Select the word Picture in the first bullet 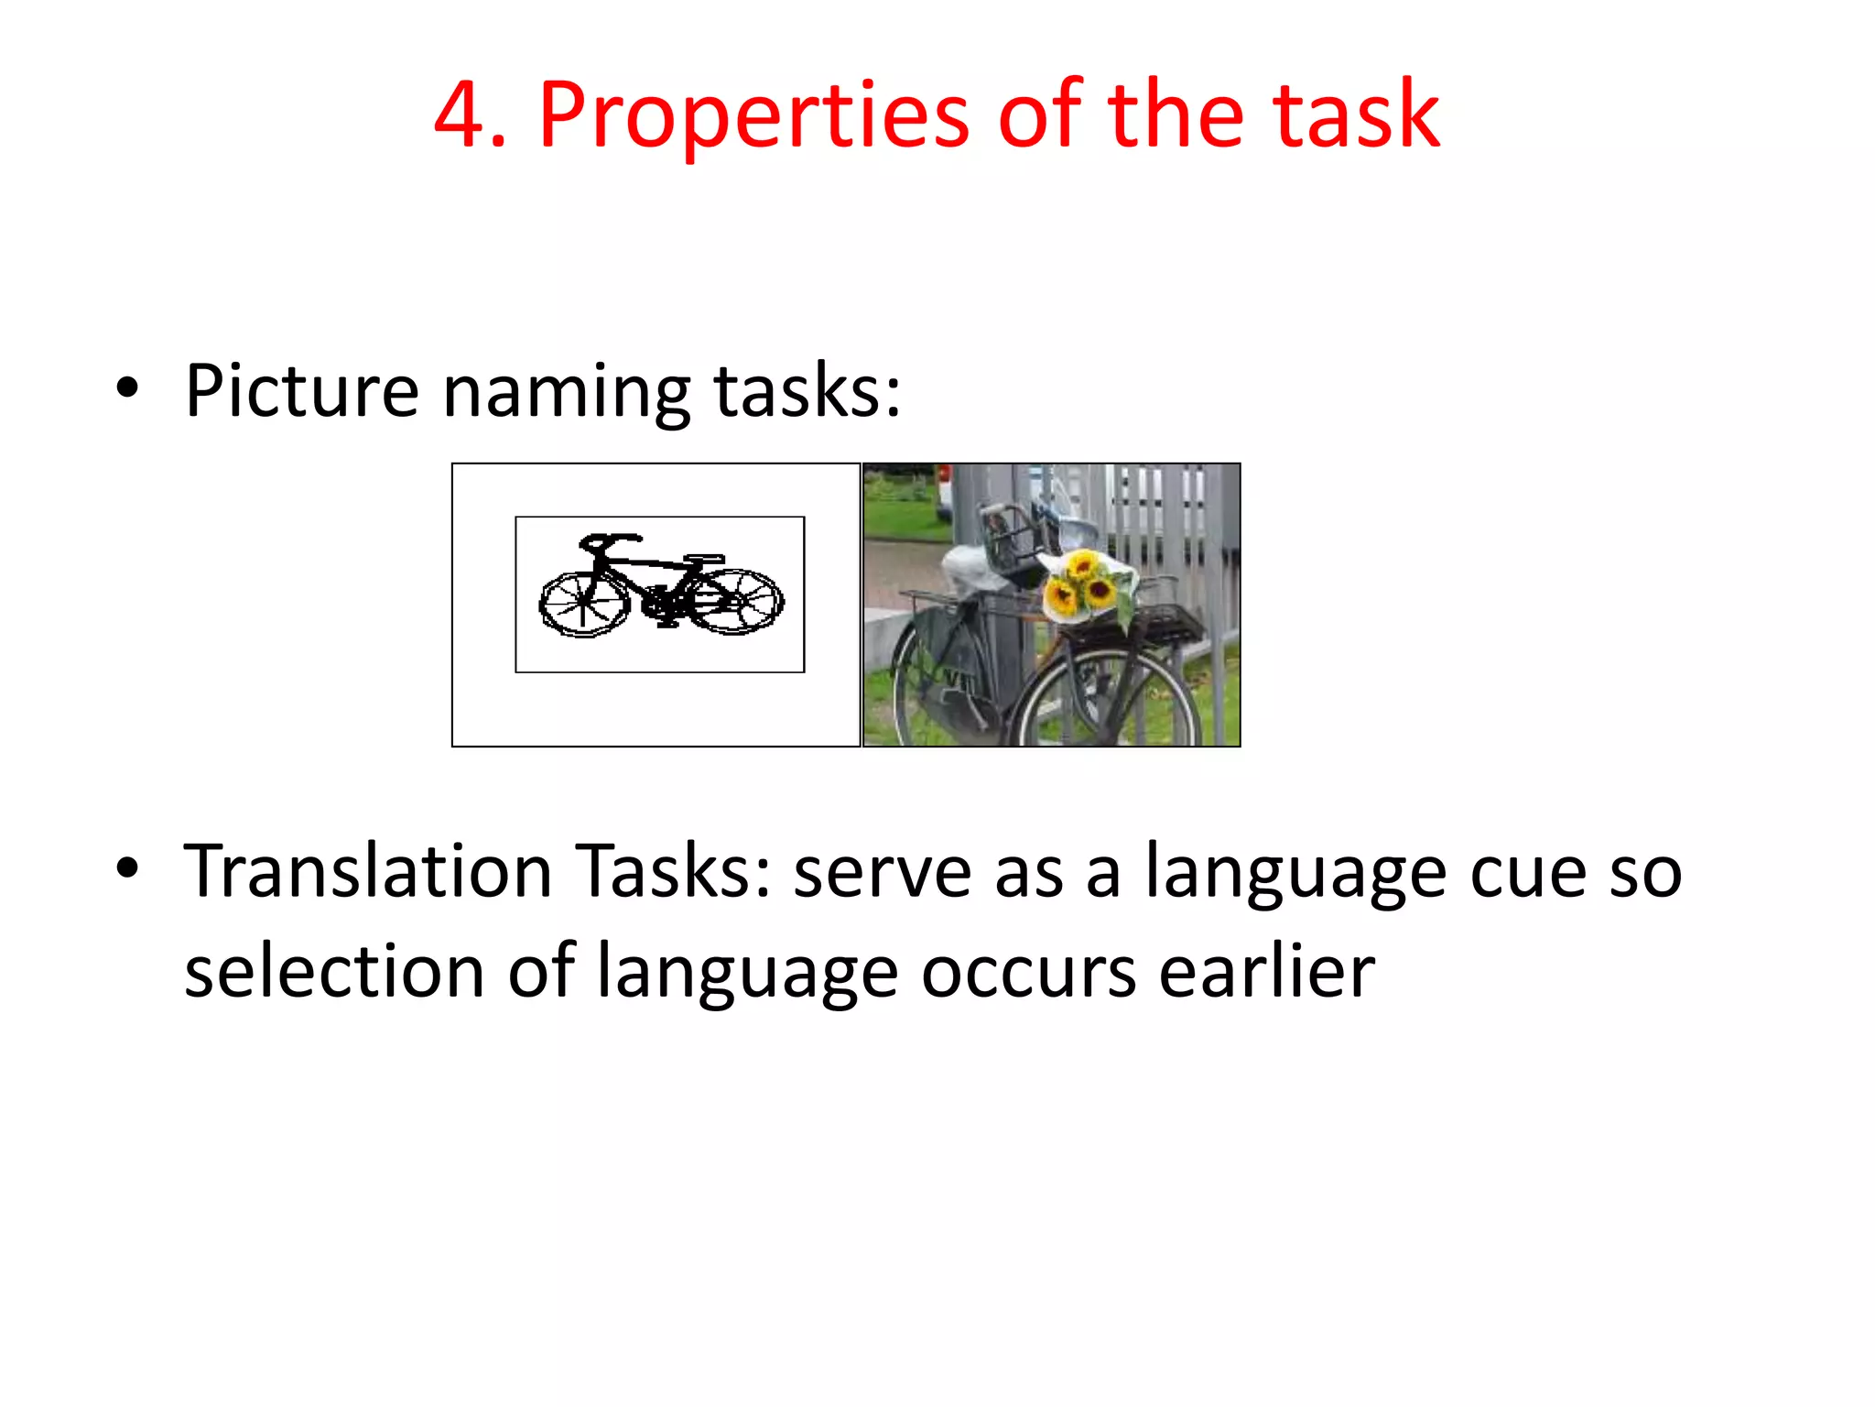coord(301,391)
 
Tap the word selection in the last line coord(333,971)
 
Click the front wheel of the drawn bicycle coord(583,604)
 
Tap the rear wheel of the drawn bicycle coord(738,601)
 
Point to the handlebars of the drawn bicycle coord(608,541)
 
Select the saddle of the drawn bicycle coord(703,558)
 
